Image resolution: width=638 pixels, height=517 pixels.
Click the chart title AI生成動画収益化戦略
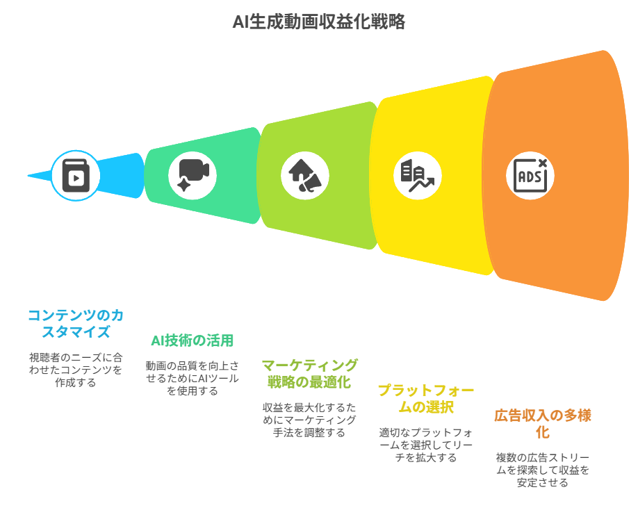[318, 22]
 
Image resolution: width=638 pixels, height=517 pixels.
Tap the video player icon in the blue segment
[76, 176]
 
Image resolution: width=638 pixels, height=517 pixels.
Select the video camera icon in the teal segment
[193, 175]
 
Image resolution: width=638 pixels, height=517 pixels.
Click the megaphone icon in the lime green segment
[305, 175]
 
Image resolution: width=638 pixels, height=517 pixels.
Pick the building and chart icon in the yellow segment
[417, 175]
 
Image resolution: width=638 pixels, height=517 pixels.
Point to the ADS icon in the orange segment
[530, 175]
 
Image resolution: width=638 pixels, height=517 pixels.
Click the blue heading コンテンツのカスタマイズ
[75, 324]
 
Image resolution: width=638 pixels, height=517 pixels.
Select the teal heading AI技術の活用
[192, 340]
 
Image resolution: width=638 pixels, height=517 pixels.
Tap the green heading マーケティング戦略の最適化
[309, 373]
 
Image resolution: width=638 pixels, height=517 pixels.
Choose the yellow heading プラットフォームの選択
[416, 398]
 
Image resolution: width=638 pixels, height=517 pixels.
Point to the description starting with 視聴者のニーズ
[75, 370]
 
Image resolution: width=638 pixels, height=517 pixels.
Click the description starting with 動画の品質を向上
[192, 378]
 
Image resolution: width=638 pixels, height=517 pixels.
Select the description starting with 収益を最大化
[309, 420]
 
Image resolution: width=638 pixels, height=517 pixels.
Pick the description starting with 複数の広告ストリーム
[543, 470]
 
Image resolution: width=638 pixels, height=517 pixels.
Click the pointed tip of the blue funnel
[29, 176]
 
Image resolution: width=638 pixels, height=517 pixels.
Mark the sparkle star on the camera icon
[184, 185]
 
